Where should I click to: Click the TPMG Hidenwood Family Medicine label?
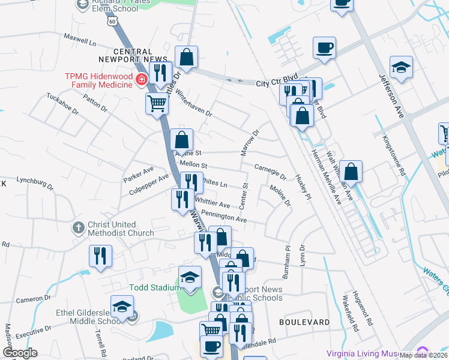(x=99, y=81)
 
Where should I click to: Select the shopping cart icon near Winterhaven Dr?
(x=157, y=103)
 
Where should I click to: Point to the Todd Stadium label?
(x=154, y=287)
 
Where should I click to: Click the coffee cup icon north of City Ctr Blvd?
(x=324, y=47)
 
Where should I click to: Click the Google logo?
(x=20, y=352)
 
